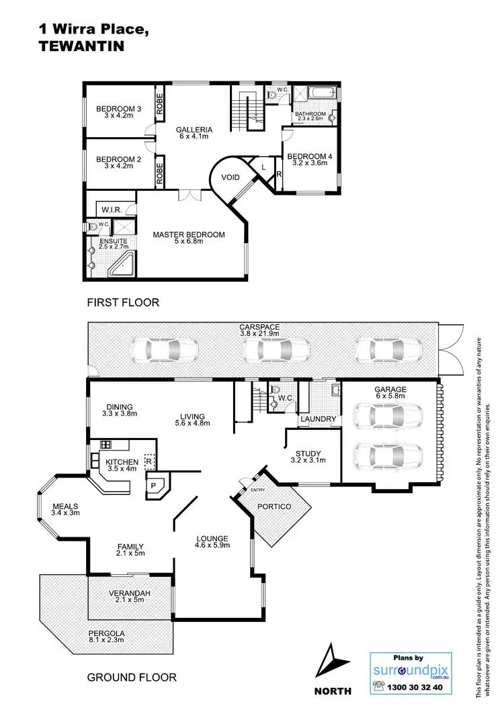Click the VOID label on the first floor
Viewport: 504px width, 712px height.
click(230, 178)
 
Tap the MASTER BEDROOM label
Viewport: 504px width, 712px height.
click(188, 234)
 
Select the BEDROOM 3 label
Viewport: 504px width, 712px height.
click(118, 109)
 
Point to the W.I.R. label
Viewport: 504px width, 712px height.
click(112, 210)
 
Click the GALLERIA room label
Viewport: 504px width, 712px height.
click(194, 130)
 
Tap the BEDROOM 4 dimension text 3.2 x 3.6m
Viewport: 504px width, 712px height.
click(307, 163)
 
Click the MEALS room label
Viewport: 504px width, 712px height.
click(65, 506)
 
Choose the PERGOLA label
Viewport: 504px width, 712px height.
click(107, 633)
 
